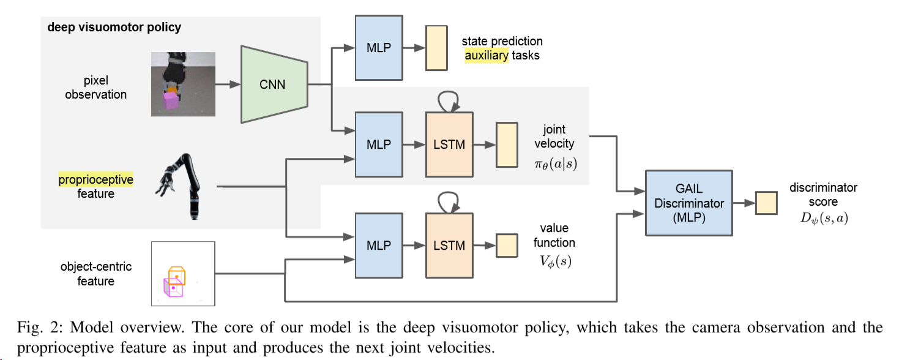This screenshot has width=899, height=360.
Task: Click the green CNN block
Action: tap(272, 84)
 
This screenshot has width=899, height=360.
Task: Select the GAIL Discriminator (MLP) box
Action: tap(689, 203)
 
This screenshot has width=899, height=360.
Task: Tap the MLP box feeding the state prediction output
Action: tap(375, 47)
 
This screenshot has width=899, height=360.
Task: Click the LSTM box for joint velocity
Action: tap(449, 144)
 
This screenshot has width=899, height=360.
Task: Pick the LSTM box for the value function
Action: tap(449, 246)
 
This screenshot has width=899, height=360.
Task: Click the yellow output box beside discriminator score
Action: tap(766, 203)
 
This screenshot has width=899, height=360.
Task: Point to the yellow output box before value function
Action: tap(505, 246)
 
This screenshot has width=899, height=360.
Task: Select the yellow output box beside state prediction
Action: tap(436, 48)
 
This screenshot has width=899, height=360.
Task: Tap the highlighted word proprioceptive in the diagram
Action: tap(95, 179)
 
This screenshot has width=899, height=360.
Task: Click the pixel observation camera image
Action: tap(183, 84)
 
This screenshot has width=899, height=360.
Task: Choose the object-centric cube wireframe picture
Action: tap(182, 273)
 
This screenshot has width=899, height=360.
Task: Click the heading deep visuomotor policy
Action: tap(114, 28)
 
